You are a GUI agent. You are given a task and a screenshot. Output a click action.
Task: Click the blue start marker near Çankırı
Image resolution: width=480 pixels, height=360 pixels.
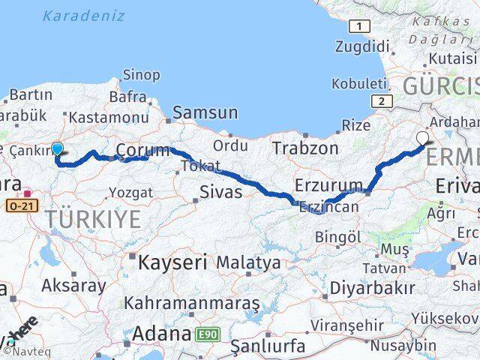57,148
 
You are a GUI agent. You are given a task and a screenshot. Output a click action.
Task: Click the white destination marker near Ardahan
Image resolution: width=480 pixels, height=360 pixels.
422,138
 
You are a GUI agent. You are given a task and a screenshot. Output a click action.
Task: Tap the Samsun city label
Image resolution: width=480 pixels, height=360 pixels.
205,113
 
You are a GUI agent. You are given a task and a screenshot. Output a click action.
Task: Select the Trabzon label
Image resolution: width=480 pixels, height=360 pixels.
305,148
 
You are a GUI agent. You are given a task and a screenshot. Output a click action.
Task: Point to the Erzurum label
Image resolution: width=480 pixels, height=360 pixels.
329,184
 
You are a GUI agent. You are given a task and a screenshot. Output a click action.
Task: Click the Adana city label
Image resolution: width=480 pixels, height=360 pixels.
162,333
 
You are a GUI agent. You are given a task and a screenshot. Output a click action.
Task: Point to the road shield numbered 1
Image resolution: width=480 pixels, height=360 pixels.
361,27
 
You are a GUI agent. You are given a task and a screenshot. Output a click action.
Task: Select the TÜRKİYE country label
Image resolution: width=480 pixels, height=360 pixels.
93,220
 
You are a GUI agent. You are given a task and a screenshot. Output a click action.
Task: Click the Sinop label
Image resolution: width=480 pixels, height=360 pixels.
140,75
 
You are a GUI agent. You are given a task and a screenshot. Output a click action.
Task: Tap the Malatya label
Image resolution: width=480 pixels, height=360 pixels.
248,263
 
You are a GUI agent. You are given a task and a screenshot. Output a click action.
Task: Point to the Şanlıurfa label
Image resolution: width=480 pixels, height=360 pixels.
268,346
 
